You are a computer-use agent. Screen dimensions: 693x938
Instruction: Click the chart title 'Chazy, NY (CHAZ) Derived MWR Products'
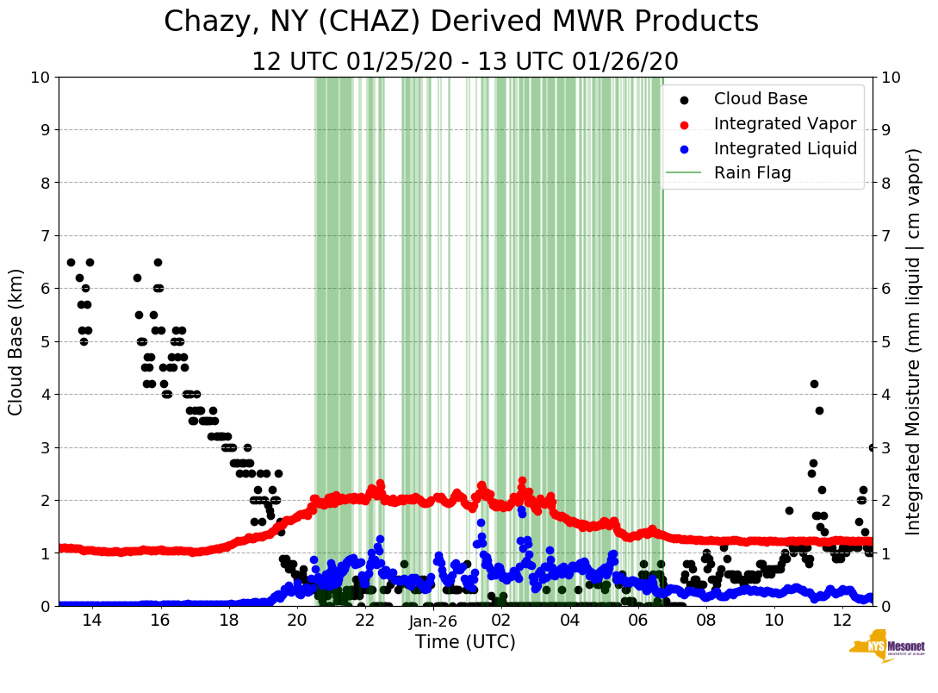[x=461, y=22]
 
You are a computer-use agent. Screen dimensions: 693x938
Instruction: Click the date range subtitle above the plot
[x=465, y=62]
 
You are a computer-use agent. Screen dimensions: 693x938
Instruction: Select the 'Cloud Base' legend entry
[x=761, y=99]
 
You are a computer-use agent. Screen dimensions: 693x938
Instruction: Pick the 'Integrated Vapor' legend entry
[x=785, y=123]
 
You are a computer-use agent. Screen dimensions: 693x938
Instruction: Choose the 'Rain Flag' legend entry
[x=752, y=172]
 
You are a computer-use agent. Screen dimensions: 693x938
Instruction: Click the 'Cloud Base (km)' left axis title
[x=16, y=341]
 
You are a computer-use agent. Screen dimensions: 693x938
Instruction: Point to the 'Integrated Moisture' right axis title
[x=914, y=341]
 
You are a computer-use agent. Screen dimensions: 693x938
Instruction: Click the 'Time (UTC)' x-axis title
[x=465, y=642]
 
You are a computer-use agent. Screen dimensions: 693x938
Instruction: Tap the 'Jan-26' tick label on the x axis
[x=433, y=621]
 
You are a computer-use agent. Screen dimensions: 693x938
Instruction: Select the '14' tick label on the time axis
[x=92, y=621]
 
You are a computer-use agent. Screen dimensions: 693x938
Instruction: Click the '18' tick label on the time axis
[x=228, y=621]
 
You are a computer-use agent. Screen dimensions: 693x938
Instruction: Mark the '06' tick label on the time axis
[x=638, y=621]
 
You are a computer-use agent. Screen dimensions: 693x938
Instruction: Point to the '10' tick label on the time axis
[x=774, y=621]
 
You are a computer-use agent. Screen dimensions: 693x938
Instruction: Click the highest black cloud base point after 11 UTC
[x=814, y=384]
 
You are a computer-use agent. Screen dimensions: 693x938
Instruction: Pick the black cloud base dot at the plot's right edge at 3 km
[x=872, y=447]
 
